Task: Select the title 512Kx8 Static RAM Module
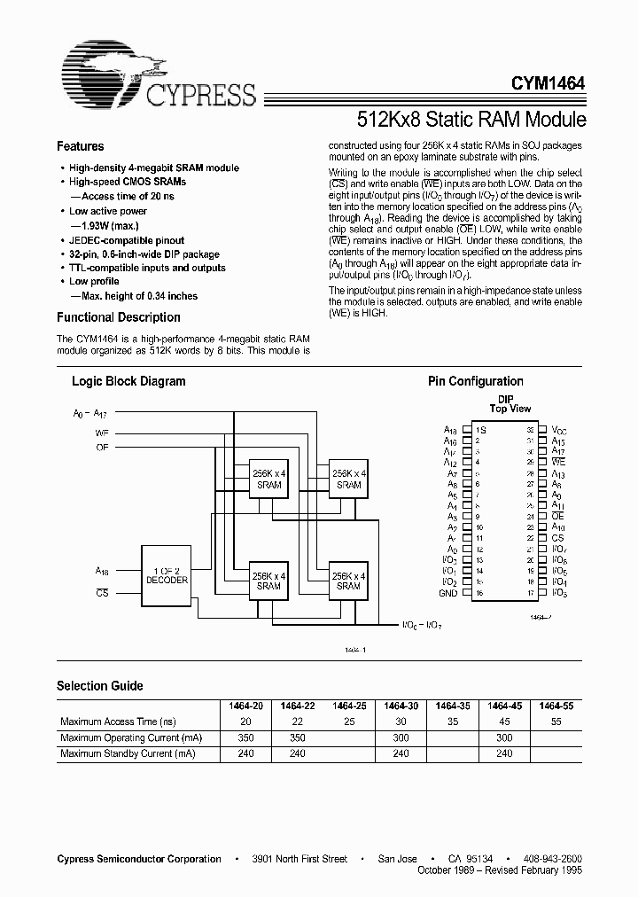pyautogui.click(x=471, y=119)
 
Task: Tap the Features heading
pyautogui.click(x=80, y=147)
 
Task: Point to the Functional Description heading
pyautogui.click(x=118, y=317)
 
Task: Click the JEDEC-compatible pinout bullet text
pyautogui.click(x=127, y=239)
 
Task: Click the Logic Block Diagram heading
pyautogui.click(x=128, y=381)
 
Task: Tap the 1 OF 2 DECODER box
pyautogui.click(x=167, y=574)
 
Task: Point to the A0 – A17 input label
pyautogui.click(x=89, y=413)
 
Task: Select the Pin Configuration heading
pyautogui.click(x=475, y=381)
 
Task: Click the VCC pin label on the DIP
pyautogui.click(x=558, y=429)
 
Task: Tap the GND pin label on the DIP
pyautogui.click(x=447, y=593)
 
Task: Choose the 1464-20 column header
pyautogui.click(x=246, y=706)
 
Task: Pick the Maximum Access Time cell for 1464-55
pyautogui.click(x=556, y=721)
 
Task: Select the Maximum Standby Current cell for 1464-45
pyautogui.click(x=504, y=753)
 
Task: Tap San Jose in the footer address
pyautogui.click(x=396, y=859)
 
